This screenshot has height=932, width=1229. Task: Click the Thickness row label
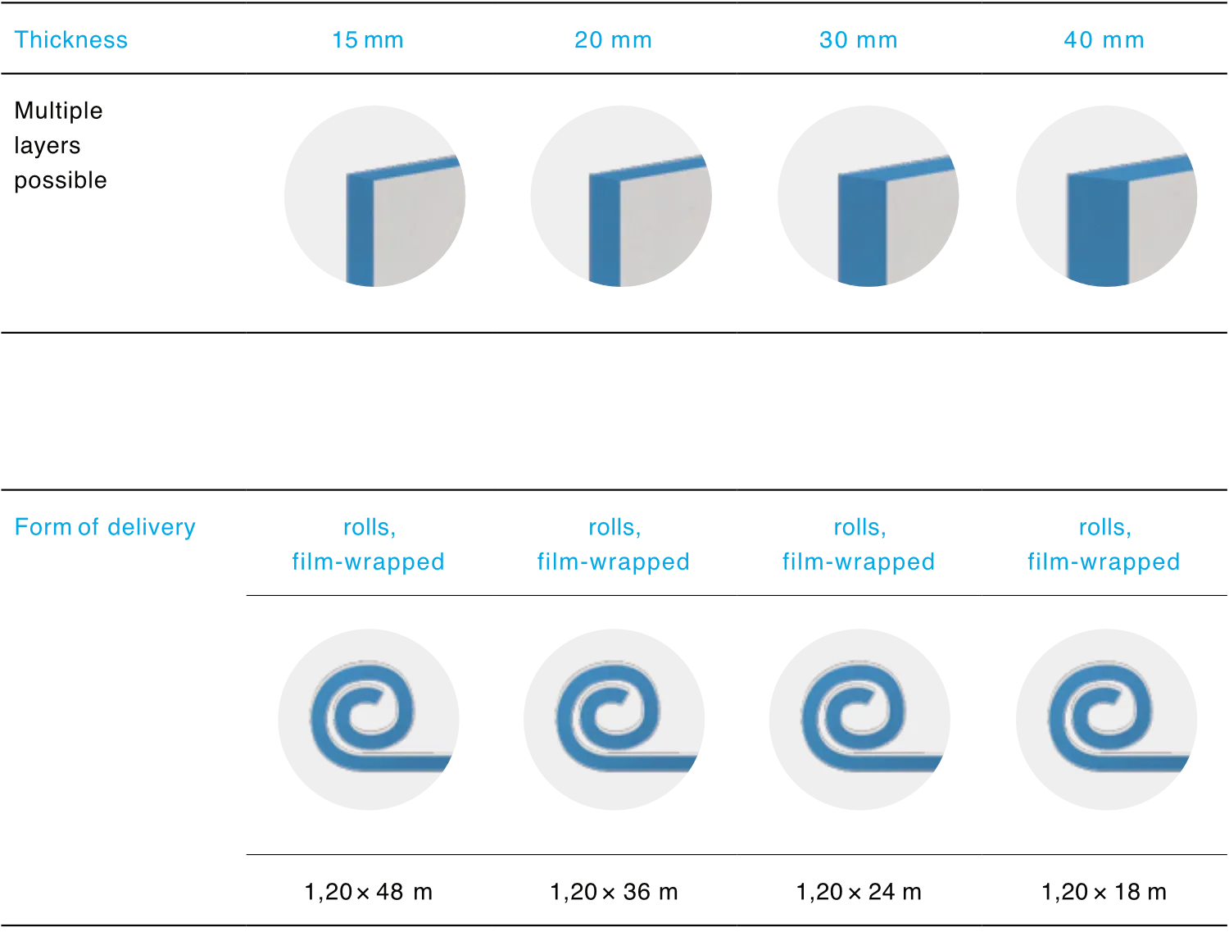72,40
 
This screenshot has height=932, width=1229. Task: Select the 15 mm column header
367,40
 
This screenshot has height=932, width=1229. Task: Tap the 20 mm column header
613,40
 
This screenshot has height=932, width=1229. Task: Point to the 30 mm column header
858,40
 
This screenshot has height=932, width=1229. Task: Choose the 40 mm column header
1104,40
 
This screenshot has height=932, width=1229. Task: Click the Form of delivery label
104,526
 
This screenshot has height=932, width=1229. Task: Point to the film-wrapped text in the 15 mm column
367,561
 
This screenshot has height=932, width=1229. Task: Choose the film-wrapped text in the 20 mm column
613,561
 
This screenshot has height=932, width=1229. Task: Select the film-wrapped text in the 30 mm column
858,561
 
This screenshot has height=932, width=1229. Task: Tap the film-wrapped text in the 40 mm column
1104,561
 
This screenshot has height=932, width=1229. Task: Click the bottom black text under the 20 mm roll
615,893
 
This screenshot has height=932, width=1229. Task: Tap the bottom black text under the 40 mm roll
1104,893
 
